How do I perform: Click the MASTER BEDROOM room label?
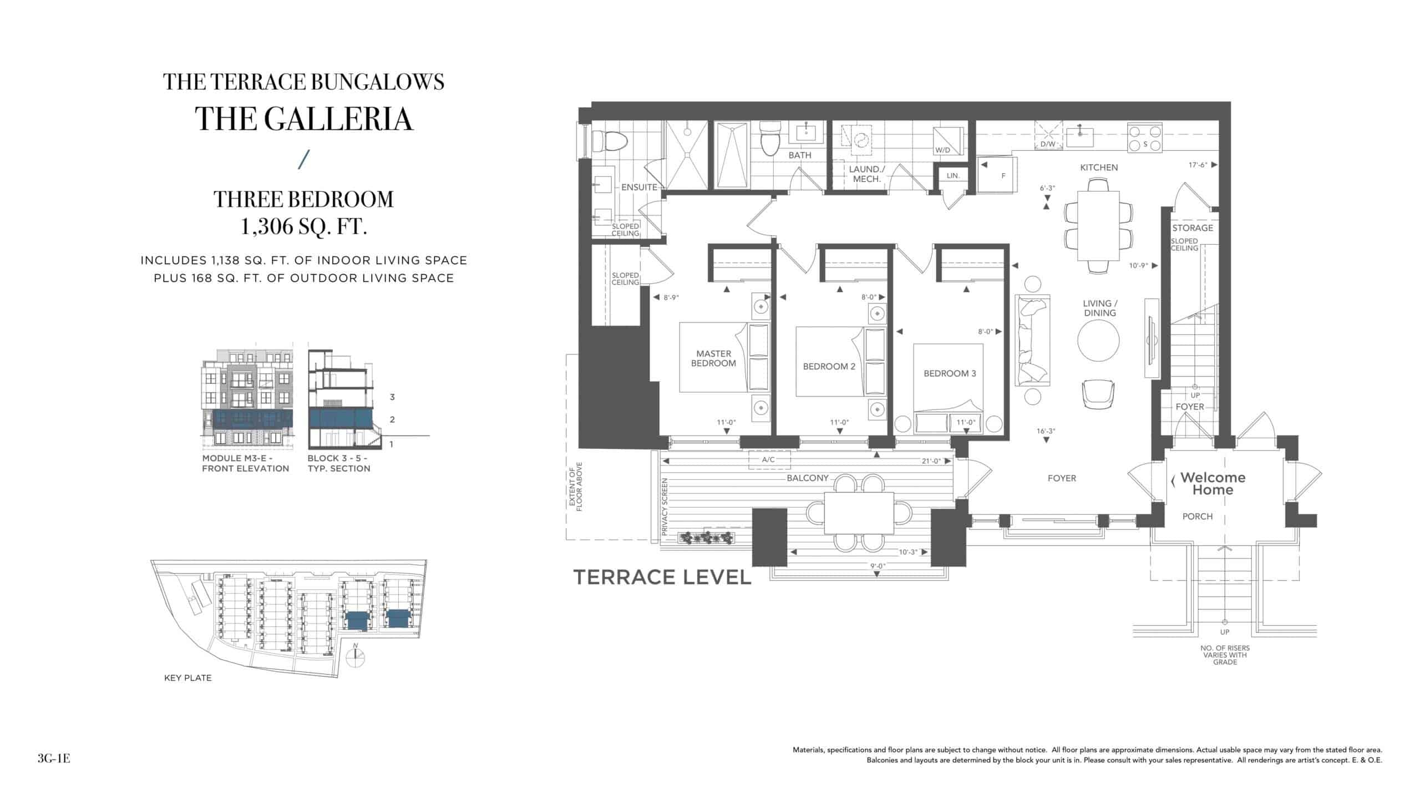(x=713, y=358)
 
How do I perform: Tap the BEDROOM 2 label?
(x=829, y=367)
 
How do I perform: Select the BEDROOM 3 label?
(x=950, y=374)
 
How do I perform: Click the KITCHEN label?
(x=1099, y=168)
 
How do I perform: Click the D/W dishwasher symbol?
(x=1048, y=136)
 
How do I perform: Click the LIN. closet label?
(x=953, y=176)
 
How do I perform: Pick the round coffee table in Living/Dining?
(x=1098, y=341)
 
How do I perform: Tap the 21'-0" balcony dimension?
(x=931, y=461)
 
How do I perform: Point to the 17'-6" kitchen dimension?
(x=1198, y=165)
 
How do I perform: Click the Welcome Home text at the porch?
(x=1213, y=484)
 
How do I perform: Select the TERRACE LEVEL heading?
(x=662, y=578)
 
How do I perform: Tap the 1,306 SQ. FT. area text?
(x=303, y=226)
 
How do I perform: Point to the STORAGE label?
(x=1193, y=228)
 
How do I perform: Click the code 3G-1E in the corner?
(x=54, y=758)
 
